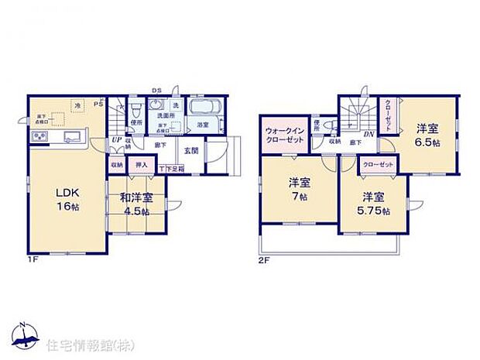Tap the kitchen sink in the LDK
point(73,138)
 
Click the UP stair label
point(116,140)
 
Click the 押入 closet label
point(142,165)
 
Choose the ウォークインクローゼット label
point(284,137)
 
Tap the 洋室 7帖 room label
point(299,190)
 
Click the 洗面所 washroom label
point(166,116)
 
